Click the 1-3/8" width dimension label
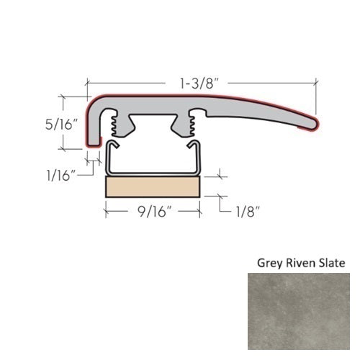pyautogui.click(x=197, y=84)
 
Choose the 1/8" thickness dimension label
pyautogui.click(x=248, y=212)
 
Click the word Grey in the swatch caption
pyautogui.click(x=270, y=264)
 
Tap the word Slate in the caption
pyautogui.click(x=332, y=263)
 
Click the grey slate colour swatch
pyautogui.click(x=299, y=311)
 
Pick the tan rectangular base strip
pyautogui.click(x=153, y=187)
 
